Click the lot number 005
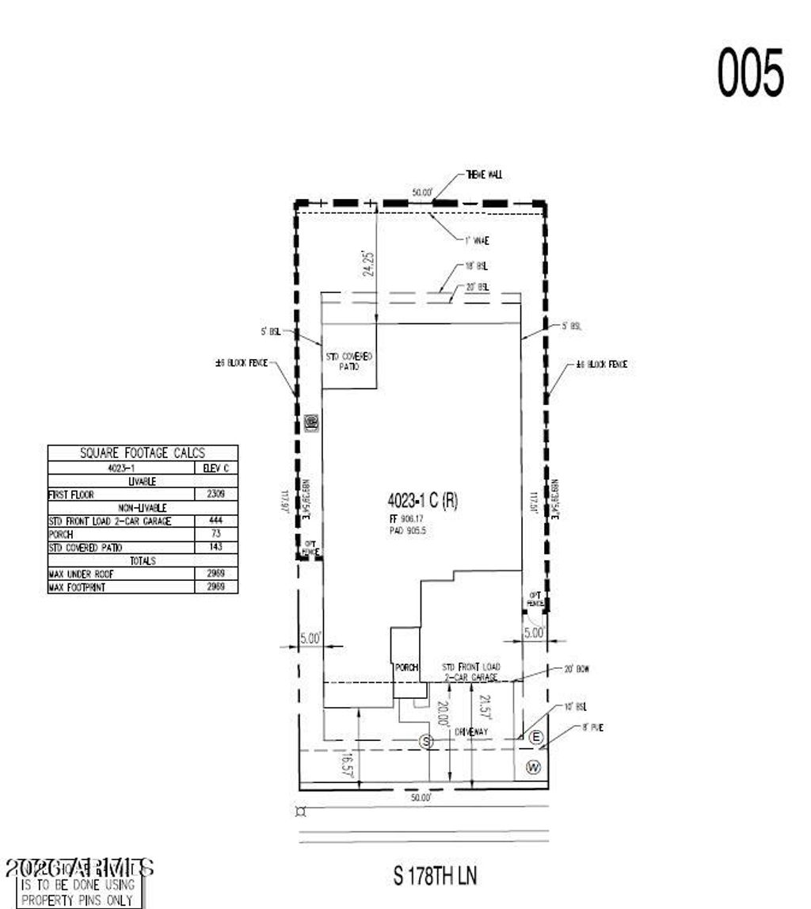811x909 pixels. pos(750,72)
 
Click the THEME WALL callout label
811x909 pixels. pos(489,174)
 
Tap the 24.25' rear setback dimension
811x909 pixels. pos(367,262)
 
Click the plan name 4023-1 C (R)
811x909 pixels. pos(422,500)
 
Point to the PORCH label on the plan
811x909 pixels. pos(406,667)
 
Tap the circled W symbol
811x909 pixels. pos(534,766)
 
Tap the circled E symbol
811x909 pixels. pos(536,738)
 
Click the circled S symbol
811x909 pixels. pos(427,742)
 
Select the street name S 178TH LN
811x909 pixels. pos(435,876)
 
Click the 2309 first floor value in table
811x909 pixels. pos(216,495)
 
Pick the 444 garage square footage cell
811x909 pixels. pos(216,521)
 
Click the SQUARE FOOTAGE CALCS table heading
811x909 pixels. pos(143,453)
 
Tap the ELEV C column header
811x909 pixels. pos(216,468)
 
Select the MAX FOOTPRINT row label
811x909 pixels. pos(78,587)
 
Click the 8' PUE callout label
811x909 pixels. pos(592,727)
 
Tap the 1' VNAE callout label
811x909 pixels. pos(476,240)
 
